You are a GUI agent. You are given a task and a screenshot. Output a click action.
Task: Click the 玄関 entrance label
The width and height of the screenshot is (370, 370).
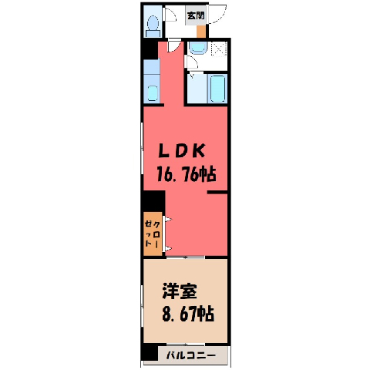[196, 16]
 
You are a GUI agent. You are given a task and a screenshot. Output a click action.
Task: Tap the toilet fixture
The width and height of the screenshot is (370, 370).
[153, 26]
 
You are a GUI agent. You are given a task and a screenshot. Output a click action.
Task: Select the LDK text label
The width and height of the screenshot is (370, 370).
[182, 150]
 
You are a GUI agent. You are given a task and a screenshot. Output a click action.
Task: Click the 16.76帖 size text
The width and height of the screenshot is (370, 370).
[186, 174]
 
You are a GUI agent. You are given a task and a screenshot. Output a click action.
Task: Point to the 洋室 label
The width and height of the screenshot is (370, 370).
[180, 291]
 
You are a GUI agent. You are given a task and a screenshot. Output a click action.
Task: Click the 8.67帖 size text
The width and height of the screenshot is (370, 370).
[188, 314]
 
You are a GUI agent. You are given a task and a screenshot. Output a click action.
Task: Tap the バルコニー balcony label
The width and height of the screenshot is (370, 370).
[191, 356]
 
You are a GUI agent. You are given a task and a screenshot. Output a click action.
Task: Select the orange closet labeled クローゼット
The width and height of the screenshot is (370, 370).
[153, 234]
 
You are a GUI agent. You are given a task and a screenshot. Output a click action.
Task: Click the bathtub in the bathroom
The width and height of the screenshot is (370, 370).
[218, 89]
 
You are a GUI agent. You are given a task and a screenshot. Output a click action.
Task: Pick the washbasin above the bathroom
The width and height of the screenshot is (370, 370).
[197, 49]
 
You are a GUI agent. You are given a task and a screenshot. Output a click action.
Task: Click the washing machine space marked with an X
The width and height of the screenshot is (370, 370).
[219, 49]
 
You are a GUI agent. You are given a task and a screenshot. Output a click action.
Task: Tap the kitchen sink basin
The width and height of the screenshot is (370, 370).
[153, 93]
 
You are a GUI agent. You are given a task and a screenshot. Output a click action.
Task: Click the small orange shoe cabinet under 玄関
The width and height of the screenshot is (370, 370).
[201, 32]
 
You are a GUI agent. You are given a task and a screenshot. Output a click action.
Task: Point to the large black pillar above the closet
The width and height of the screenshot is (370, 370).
[154, 201]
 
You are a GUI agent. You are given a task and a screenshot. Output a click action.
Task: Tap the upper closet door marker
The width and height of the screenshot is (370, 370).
[167, 219]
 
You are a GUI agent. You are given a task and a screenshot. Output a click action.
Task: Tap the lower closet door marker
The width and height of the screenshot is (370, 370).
[167, 248]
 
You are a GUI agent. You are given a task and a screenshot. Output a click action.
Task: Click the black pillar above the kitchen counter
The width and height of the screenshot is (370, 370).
[150, 49]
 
